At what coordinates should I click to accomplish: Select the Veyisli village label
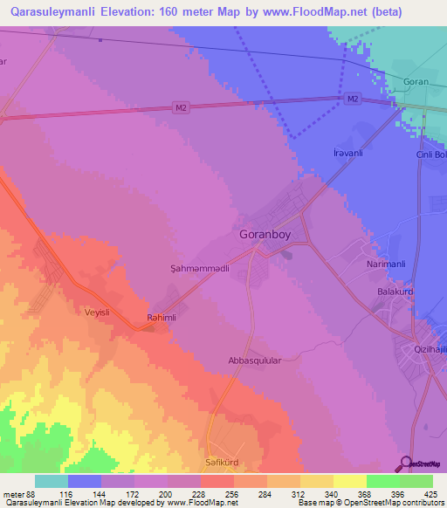point(100,312)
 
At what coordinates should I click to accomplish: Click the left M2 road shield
point(181,108)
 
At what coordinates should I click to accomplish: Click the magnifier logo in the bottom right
point(406,463)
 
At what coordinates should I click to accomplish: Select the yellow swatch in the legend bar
point(349,481)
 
